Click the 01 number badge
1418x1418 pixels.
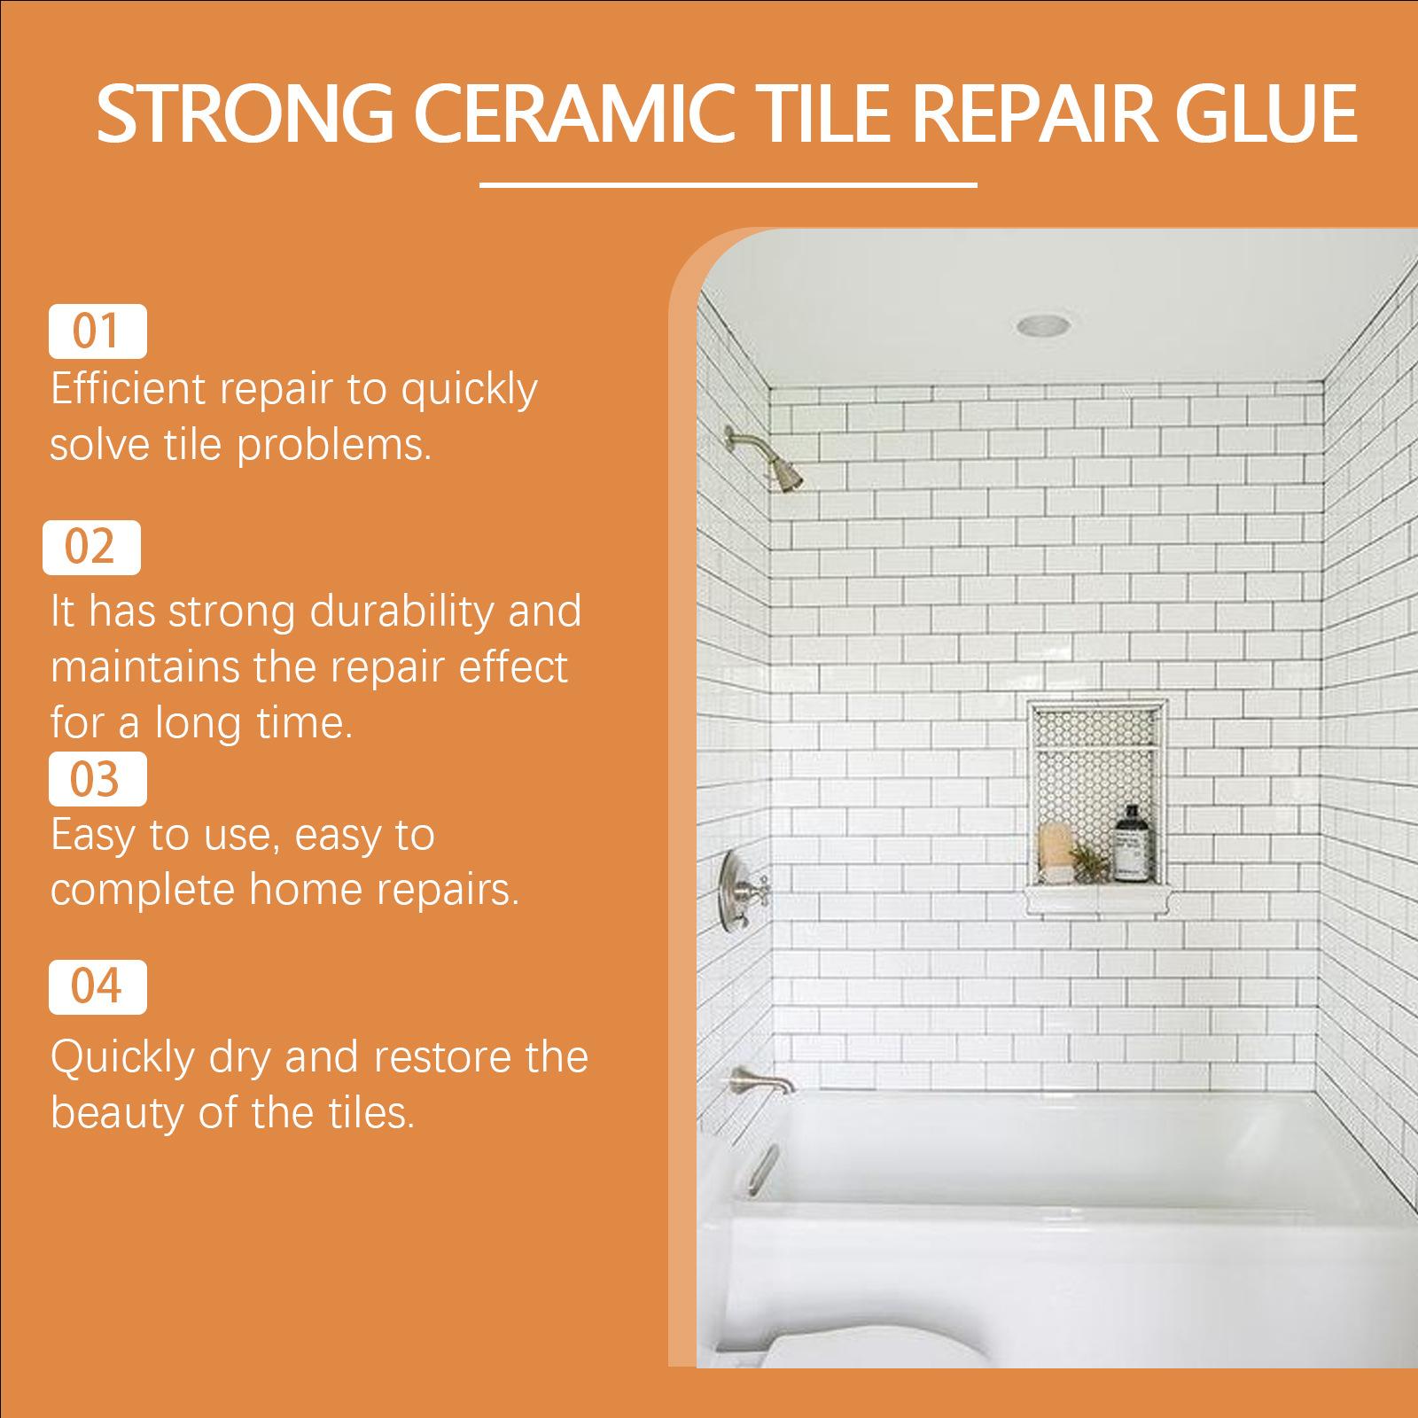(x=97, y=331)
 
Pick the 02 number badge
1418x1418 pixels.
(x=91, y=547)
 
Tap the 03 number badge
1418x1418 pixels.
(x=97, y=779)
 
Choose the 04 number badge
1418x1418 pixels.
(x=97, y=986)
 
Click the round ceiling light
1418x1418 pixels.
(x=1043, y=325)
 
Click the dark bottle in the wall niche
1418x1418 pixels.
(x=1128, y=843)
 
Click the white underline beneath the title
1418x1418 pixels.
(x=728, y=185)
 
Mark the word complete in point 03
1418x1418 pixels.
(x=143, y=890)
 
